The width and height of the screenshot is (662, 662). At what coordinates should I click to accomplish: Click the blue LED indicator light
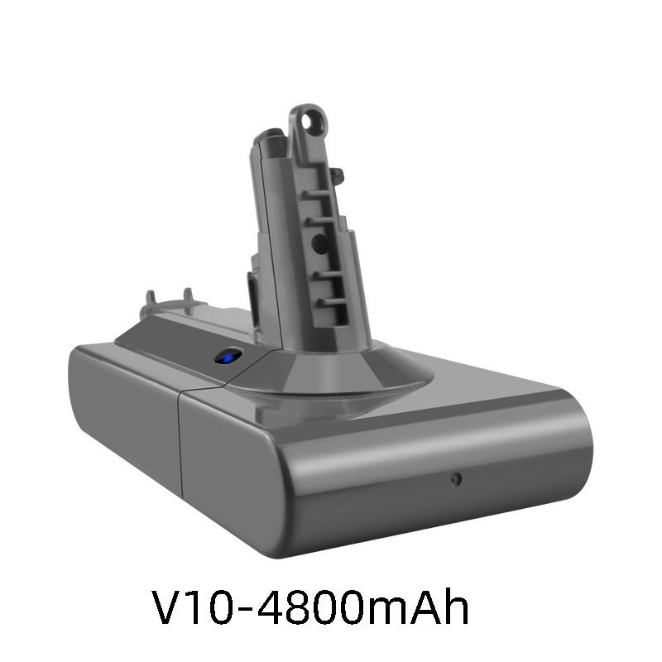coord(228,357)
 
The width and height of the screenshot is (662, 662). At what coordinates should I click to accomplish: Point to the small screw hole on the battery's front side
coord(456,479)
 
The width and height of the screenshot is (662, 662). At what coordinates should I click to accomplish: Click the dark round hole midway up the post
coord(319,244)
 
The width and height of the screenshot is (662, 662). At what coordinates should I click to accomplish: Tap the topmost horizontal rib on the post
coord(318,194)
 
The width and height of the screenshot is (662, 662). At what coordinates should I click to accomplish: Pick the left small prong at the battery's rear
coord(150,298)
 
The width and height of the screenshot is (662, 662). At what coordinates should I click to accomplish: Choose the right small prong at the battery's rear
coord(189,295)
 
